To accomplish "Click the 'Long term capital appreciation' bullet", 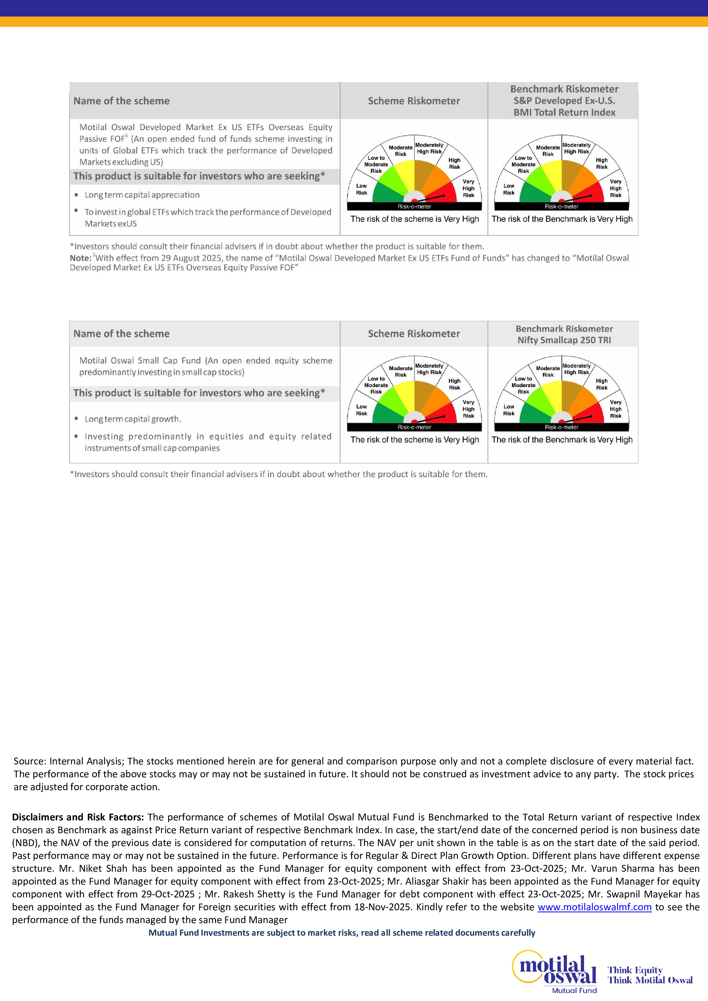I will pyautogui.click(x=142, y=195).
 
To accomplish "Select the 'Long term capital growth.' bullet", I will pyautogui.click(x=133, y=419).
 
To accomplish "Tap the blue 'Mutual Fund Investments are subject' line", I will pyautogui.click(x=342, y=933).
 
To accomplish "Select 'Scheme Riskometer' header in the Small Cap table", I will pyautogui.click(x=414, y=334).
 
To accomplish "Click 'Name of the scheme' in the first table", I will pyautogui.click(x=121, y=101).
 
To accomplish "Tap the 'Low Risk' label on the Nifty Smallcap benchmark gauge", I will pyautogui.click(x=509, y=410).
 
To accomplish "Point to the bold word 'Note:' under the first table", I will pyautogui.click(x=80, y=258).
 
